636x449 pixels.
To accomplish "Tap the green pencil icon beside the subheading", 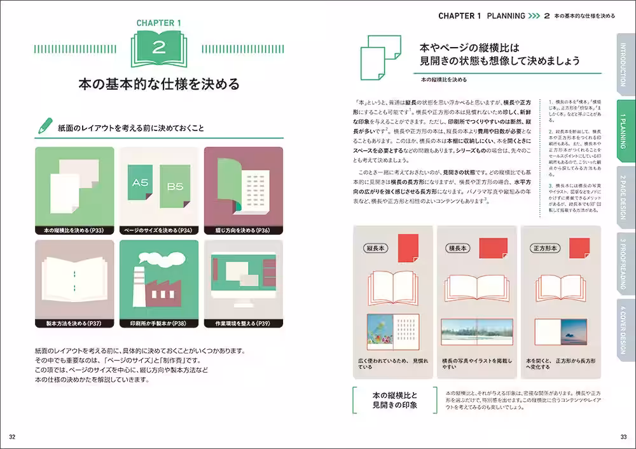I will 46,125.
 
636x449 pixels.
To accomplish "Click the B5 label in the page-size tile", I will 174,188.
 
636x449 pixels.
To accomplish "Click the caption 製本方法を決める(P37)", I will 74,324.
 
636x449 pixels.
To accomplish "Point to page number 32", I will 13,436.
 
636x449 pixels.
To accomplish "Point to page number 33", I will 623,436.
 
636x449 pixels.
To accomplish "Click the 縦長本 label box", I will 377,248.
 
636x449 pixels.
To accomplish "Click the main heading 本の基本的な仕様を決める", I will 159,85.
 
